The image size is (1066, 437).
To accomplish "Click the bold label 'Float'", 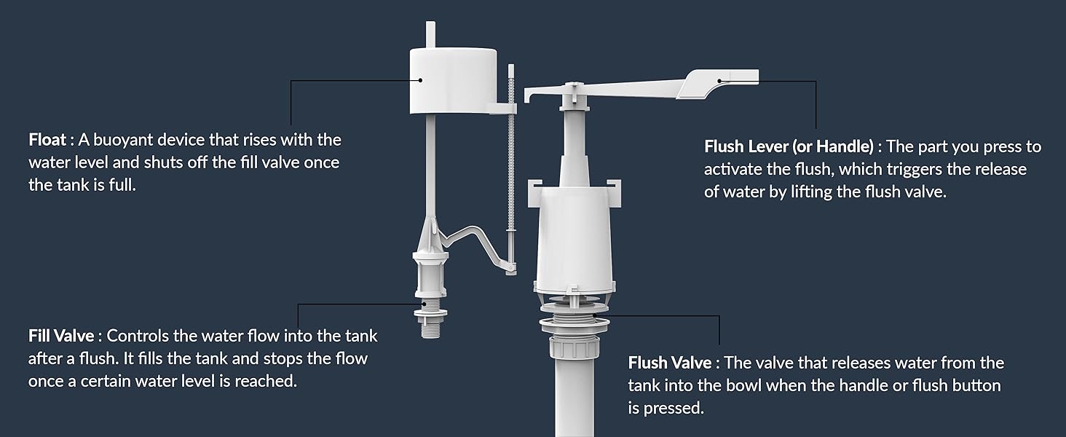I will pos(47,139).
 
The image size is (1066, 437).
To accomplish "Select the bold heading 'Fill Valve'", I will pos(60,336).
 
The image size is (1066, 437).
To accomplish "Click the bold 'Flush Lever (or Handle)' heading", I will pos(789,146).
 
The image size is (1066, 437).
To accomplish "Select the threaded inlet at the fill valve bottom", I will pos(430,328).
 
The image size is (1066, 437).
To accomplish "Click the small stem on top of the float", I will pos(430,34).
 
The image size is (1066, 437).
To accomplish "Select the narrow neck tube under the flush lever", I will pos(574,146).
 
